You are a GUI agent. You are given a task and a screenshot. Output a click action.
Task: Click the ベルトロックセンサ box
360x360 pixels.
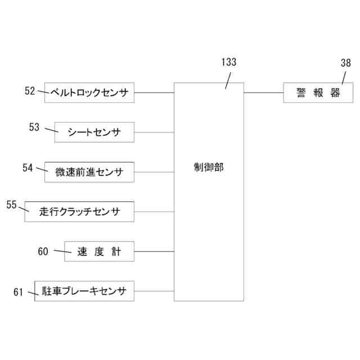tap(89, 92)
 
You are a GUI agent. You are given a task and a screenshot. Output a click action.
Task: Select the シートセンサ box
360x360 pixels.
tap(94, 132)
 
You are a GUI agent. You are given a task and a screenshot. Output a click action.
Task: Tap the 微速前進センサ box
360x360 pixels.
tap(89, 172)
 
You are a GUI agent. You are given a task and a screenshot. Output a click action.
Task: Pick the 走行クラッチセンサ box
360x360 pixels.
tap(79, 211)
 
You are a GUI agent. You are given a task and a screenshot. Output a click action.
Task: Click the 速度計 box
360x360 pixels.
tap(99, 251)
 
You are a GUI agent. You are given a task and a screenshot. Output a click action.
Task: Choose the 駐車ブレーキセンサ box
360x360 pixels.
tap(84, 291)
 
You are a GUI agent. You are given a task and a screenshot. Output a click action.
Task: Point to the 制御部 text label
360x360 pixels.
tap(208, 167)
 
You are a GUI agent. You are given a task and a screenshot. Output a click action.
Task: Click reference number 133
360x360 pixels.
tap(228, 63)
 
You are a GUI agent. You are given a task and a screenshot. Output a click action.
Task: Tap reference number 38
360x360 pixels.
tap(345, 63)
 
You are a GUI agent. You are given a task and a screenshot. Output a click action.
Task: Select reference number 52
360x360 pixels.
tap(30, 90)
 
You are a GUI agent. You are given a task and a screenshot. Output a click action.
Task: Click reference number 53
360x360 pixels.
tap(35, 128)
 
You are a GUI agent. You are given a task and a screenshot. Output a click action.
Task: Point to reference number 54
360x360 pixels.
tap(28, 167)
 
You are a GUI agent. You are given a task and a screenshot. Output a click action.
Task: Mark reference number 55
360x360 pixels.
tap(11, 205)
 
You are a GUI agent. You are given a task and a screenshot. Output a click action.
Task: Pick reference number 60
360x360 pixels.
tap(44, 251)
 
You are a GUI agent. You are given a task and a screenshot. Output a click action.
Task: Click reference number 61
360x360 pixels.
tap(19, 291)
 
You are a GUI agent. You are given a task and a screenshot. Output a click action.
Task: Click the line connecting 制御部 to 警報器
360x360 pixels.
tap(263, 92)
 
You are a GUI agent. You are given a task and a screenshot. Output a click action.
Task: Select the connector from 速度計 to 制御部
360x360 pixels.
tap(154, 251)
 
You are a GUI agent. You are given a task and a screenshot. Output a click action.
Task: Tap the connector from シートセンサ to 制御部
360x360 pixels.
tap(154, 133)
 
